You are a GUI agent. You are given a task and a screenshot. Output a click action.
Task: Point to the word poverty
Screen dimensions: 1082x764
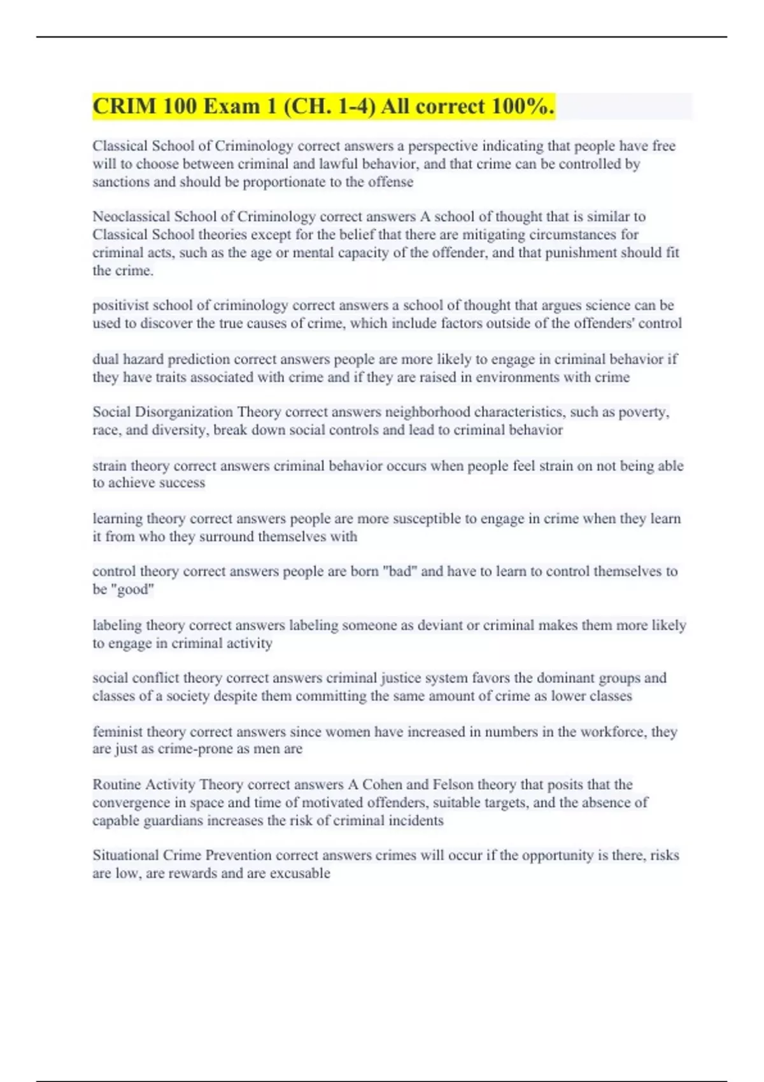click(x=644, y=412)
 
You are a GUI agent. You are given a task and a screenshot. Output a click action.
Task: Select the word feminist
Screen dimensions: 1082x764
click(x=117, y=732)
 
